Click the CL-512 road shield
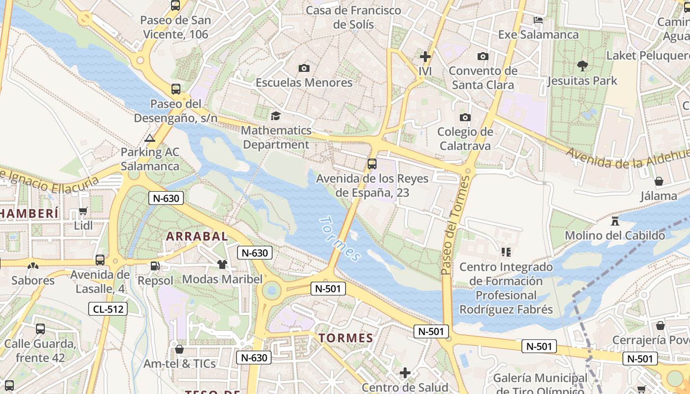pyautogui.click(x=108, y=309)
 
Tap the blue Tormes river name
pyautogui.click(x=341, y=238)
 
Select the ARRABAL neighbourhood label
pyautogui.click(x=197, y=236)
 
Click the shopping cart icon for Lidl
pyautogui.click(x=83, y=211)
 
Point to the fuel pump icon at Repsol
pyautogui.click(x=155, y=266)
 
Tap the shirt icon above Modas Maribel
pyautogui.click(x=222, y=264)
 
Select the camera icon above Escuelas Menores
pyautogui.click(x=304, y=68)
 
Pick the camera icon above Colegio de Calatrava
pyautogui.click(x=465, y=117)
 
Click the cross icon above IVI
pyautogui.click(x=425, y=57)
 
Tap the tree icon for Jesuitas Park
pyautogui.click(x=582, y=66)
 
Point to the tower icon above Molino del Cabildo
pyautogui.click(x=615, y=221)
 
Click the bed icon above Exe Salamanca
pyautogui.click(x=538, y=20)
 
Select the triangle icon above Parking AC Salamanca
pyautogui.click(x=150, y=138)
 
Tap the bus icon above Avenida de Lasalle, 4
pyautogui.click(x=100, y=260)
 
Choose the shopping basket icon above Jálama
pyautogui.click(x=659, y=181)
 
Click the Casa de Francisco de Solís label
pyautogui.click(x=353, y=17)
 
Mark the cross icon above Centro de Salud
pyautogui.click(x=405, y=373)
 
